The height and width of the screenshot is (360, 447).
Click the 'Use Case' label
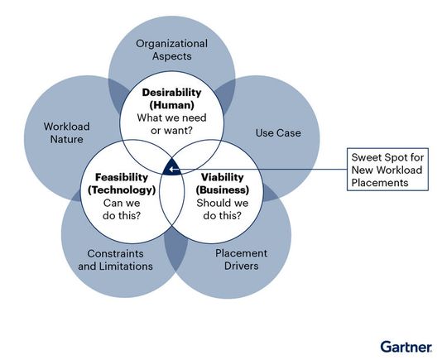coord(278,132)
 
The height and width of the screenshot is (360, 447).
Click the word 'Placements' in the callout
coord(378,182)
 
